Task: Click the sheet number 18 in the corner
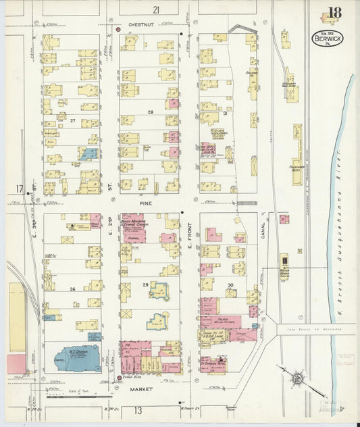[x=334, y=13]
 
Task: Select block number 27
[x=72, y=122]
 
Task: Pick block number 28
[x=151, y=111]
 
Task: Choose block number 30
[x=230, y=285]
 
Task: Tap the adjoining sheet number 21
[x=156, y=9]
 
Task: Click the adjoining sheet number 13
[x=137, y=410]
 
